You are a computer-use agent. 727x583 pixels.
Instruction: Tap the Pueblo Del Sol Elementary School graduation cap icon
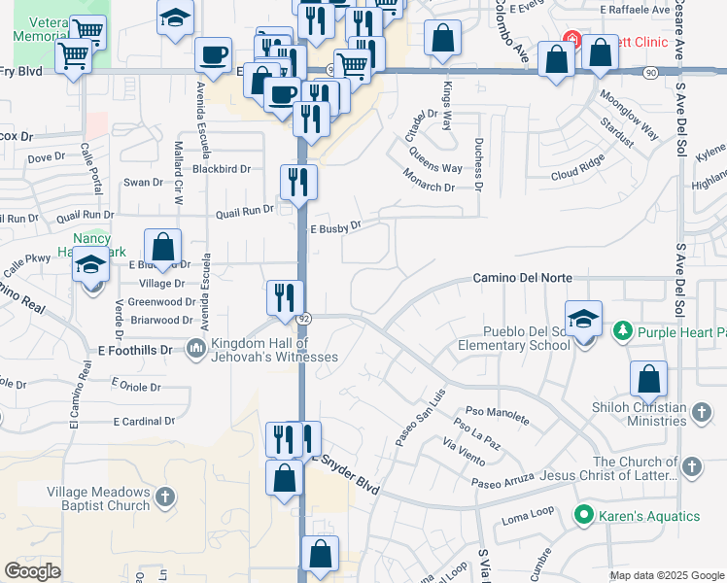pyautogui.click(x=583, y=320)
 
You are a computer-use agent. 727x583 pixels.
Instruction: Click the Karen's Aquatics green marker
pyautogui.click(x=584, y=515)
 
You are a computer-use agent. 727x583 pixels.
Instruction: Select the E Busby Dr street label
pyautogui.click(x=335, y=227)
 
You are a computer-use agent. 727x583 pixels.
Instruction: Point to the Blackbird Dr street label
pyautogui.click(x=222, y=168)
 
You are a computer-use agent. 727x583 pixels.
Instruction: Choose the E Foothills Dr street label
pyautogui.click(x=135, y=350)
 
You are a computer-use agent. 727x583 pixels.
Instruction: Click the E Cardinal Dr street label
pyautogui.click(x=144, y=422)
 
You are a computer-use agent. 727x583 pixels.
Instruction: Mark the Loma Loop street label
pyautogui.click(x=528, y=515)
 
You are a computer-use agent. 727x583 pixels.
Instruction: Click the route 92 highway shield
pyautogui.click(x=304, y=319)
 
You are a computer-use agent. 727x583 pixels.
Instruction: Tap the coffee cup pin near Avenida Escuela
pyautogui.click(x=213, y=54)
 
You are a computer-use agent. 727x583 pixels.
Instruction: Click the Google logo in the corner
pyautogui.click(x=33, y=571)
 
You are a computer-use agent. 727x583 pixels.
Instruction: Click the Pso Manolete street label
pyautogui.click(x=498, y=416)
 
